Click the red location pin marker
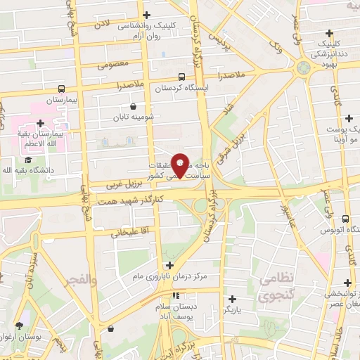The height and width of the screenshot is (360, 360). tap(181, 165)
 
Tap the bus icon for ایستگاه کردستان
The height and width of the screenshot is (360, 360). tap(182, 77)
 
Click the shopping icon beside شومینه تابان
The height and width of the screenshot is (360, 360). tap(133, 107)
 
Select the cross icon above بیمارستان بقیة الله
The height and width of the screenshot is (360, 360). tap(41, 123)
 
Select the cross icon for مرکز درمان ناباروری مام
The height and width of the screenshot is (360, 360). tap(169, 266)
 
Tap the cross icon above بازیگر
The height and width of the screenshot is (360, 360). tap(232, 299)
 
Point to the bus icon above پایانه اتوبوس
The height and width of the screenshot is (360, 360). tap(345, 219)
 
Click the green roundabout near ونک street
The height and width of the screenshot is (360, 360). tap(303, 68)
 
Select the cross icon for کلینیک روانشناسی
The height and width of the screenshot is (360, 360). tap(146, 15)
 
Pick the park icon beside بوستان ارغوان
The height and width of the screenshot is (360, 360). tap(18, 326)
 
